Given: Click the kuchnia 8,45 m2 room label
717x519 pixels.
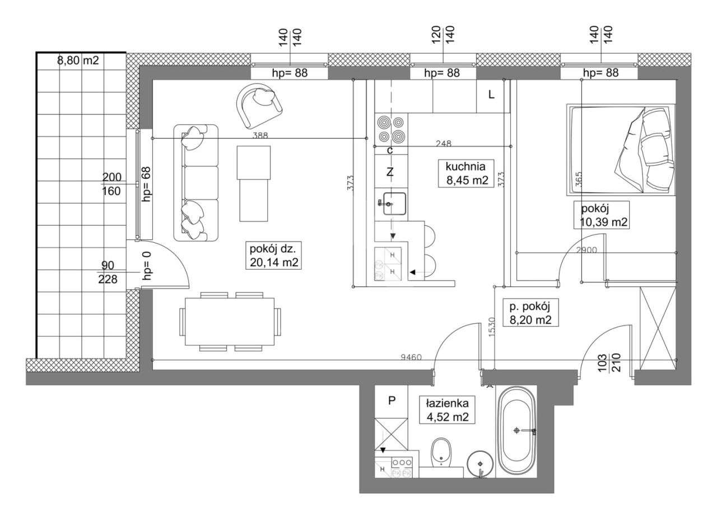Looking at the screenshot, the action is (465, 173).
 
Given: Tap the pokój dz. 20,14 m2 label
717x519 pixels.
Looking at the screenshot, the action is (274, 256).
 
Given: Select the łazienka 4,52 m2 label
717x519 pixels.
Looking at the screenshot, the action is (447, 410).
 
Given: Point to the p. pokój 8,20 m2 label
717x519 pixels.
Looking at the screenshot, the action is (530, 313).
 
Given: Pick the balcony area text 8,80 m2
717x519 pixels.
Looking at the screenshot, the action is (78, 60).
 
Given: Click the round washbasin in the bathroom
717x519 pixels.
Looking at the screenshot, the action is (480, 464).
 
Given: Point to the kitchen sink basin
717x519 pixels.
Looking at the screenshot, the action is (395, 203).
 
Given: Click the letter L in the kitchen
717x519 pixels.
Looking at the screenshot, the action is (491, 94).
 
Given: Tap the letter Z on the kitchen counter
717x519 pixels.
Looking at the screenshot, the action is (389, 173).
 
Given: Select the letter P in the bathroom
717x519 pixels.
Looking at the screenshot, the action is (392, 401).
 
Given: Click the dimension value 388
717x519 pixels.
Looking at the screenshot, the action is (260, 136).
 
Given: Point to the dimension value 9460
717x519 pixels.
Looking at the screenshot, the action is (411, 357).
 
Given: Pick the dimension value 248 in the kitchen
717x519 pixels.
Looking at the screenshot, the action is (444, 143).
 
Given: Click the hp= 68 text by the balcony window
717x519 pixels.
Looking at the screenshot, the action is (147, 184).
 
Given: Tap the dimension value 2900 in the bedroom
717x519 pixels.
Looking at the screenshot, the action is (586, 250).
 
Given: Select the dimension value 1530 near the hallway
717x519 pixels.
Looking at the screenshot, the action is (492, 327).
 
